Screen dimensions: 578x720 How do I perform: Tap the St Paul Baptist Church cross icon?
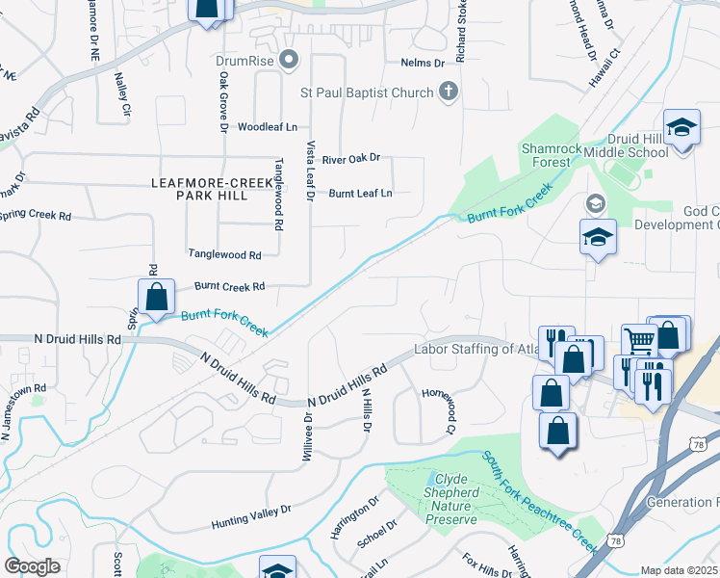pyautogui.click(x=448, y=92)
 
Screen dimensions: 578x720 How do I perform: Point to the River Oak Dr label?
pyautogui.click(x=351, y=158)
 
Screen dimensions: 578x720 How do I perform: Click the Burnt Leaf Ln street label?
pyautogui.click(x=361, y=193)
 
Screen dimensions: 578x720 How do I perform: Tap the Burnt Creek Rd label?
pyautogui.click(x=229, y=287)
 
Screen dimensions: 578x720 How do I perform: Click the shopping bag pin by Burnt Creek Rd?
pyautogui.click(x=156, y=297)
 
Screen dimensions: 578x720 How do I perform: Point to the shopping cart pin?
pyautogui.click(x=638, y=339)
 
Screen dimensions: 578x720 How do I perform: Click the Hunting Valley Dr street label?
pyautogui.click(x=251, y=517)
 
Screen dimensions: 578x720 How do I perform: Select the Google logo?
pyautogui.click(x=32, y=566)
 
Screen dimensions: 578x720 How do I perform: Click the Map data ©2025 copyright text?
pyautogui.click(x=679, y=570)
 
